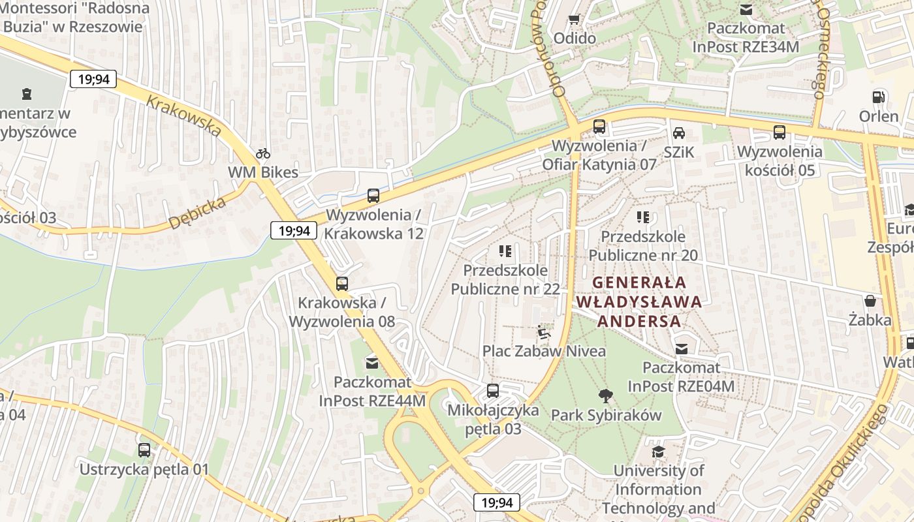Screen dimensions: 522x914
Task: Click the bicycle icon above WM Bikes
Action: tap(263, 154)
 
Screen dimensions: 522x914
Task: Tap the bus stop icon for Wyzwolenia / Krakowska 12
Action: tap(373, 195)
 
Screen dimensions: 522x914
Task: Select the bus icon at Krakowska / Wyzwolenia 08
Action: tap(342, 284)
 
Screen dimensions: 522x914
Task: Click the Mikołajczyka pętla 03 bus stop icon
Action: tap(493, 391)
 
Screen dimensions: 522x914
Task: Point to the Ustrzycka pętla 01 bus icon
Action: tap(144, 450)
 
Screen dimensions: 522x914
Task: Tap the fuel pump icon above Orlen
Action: tap(879, 97)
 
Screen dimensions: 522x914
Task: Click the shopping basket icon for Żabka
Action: tap(870, 301)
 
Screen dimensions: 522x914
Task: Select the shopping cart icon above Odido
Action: tap(575, 19)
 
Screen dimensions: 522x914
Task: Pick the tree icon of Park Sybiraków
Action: tap(606, 395)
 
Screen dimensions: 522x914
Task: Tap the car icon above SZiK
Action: tap(679, 133)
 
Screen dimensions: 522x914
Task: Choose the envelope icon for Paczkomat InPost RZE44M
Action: tap(372, 362)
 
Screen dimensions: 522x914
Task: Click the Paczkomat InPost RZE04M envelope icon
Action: tap(682, 348)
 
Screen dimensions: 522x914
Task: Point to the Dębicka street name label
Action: tap(197, 213)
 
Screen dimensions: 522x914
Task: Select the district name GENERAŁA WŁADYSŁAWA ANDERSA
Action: tap(639, 301)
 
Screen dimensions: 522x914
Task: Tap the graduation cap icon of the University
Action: tap(658, 452)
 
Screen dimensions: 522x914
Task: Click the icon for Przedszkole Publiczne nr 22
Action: tap(505, 251)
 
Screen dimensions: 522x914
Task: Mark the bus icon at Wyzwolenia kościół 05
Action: tap(780, 132)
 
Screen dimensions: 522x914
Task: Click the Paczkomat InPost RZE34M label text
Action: tap(746, 38)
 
